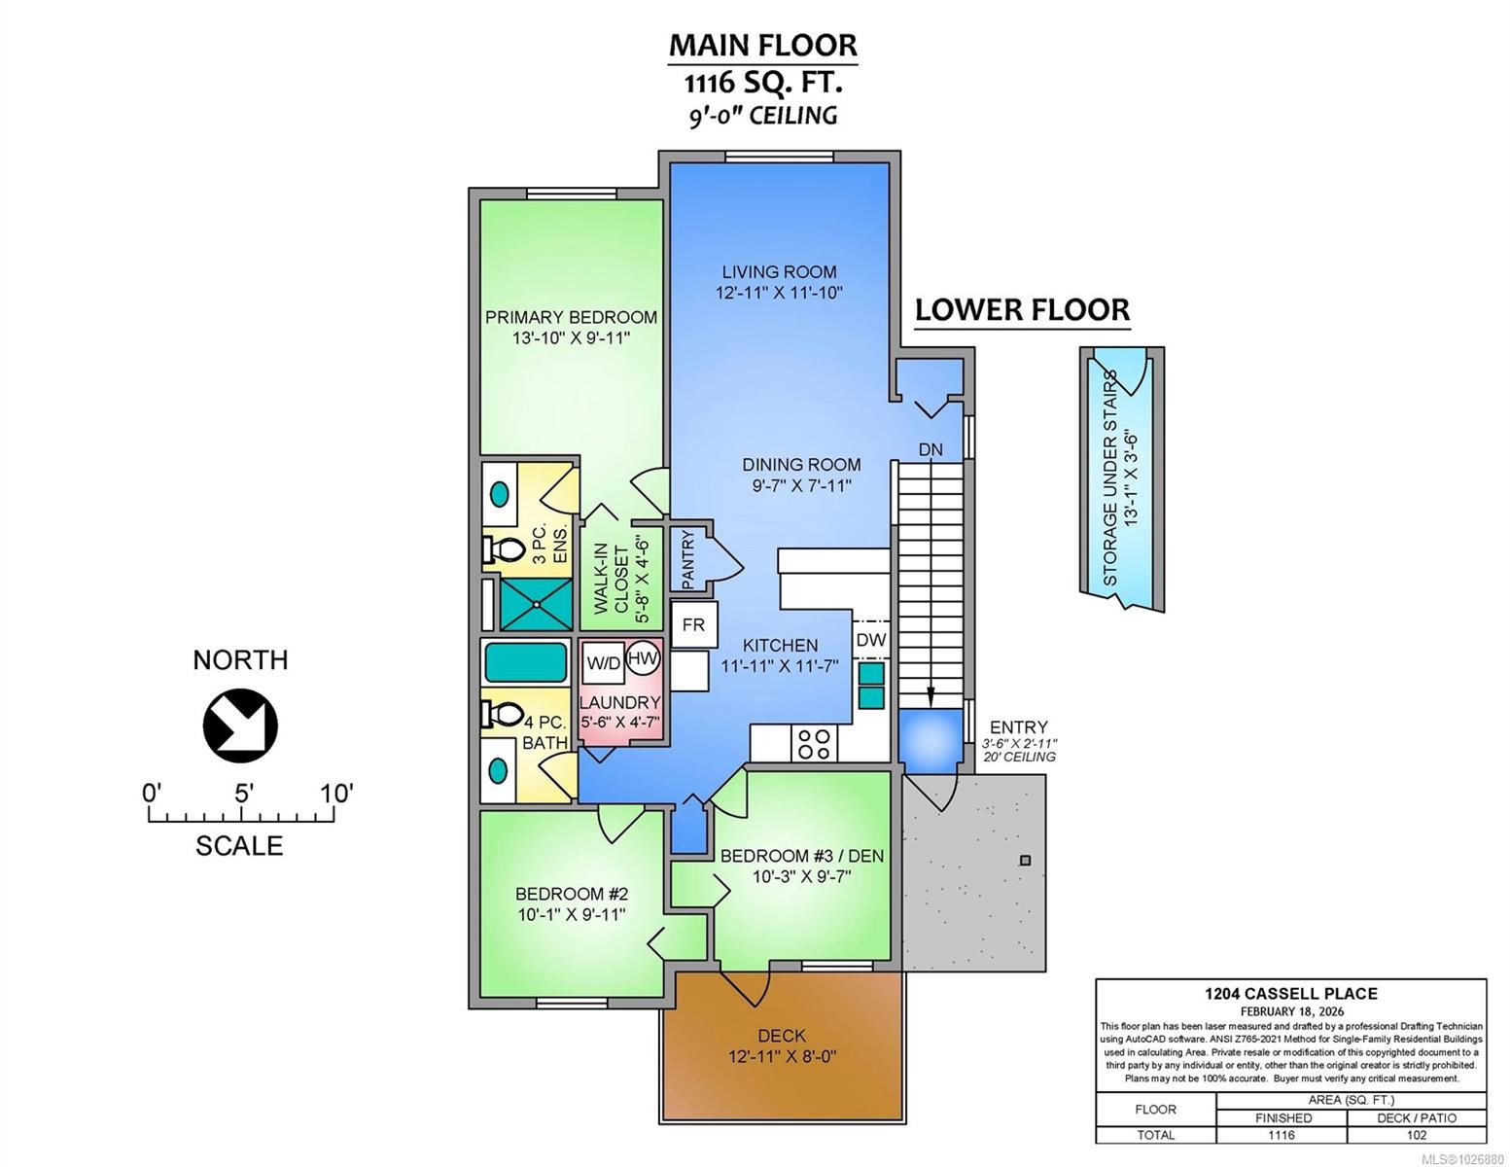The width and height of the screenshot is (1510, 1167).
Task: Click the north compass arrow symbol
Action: click(240, 725)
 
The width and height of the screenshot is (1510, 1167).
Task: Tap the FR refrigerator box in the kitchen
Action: click(693, 625)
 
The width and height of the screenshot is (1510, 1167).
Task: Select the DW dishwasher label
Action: click(871, 640)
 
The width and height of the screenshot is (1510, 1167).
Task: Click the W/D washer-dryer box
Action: click(603, 663)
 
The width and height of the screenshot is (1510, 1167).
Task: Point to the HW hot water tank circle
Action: click(643, 658)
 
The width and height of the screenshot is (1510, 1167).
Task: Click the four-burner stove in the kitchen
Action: click(814, 744)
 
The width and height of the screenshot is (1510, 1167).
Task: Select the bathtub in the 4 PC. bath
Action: click(525, 662)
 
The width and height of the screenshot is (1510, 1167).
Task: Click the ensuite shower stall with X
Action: click(535, 603)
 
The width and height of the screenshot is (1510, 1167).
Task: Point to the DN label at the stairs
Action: click(931, 449)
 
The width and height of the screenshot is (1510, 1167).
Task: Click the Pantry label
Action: click(688, 559)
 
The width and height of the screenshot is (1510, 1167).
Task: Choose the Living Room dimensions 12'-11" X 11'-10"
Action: click(779, 292)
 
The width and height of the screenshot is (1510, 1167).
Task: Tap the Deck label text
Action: click(782, 1036)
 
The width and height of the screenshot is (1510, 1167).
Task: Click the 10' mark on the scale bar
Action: click(335, 794)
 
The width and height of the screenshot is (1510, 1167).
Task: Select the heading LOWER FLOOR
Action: click(1022, 310)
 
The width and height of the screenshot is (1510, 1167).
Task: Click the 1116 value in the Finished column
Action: click(1282, 1135)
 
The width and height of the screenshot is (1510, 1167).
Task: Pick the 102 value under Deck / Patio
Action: click(1416, 1135)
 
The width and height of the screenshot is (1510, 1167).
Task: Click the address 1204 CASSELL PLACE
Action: click(1290, 993)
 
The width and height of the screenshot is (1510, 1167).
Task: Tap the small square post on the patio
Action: click(1025, 861)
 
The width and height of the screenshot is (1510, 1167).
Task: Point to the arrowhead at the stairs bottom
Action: click(931, 696)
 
